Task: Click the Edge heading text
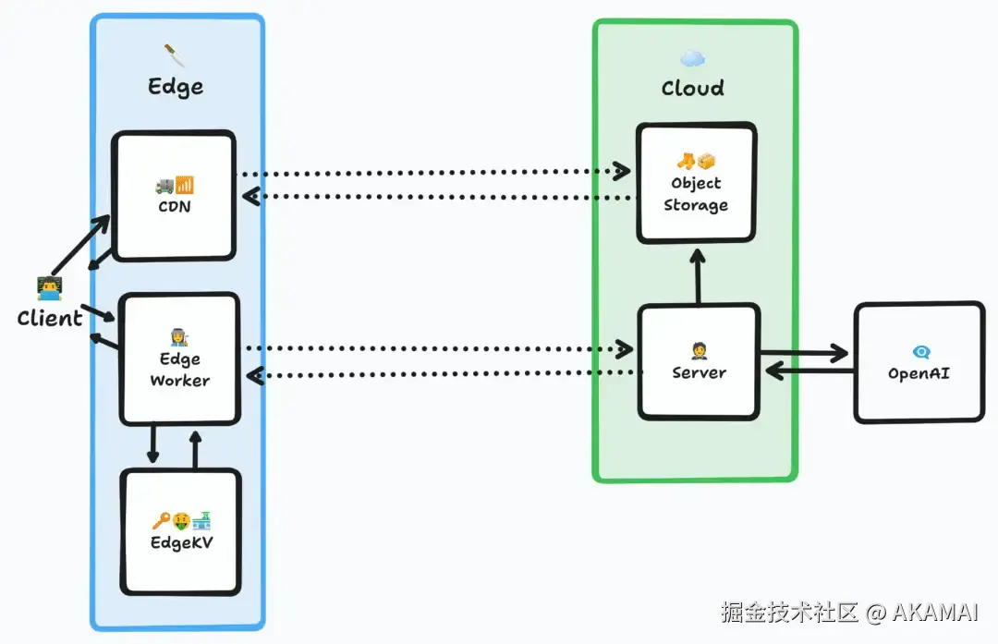click(176, 87)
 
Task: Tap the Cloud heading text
click(692, 88)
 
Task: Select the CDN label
click(175, 207)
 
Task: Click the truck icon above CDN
click(164, 185)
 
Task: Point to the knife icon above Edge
click(175, 55)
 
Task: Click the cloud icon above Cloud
click(692, 59)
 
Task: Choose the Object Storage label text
click(697, 194)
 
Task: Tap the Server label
click(699, 373)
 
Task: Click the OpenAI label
click(919, 373)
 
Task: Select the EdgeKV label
click(181, 542)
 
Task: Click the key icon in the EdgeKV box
click(161, 521)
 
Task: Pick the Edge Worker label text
click(180, 370)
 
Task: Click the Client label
click(50, 318)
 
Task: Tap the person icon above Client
click(50, 288)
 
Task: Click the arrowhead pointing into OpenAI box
click(839, 353)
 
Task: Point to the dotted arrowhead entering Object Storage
click(621, 171)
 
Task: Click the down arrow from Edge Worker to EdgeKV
click(152, 443)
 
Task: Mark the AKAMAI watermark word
click(935, 613)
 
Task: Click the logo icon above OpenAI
click(921, 352)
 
